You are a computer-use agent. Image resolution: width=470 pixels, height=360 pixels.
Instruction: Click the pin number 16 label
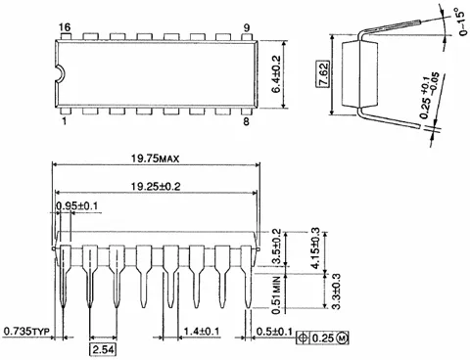[x=66, y=27]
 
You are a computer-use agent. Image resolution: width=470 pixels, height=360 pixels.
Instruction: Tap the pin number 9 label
[x=247, y=28]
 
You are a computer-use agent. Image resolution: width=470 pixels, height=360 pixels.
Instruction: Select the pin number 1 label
[x=64, y=121]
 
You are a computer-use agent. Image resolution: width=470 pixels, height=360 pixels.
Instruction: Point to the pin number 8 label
[x=246, y=121]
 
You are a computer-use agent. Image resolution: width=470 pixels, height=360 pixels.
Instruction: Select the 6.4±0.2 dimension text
[x=276, y=74]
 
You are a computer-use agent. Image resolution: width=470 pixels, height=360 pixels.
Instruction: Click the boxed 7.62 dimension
[x=323, y=73]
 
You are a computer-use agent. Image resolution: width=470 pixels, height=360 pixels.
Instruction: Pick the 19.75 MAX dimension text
[x=155, y=158]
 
